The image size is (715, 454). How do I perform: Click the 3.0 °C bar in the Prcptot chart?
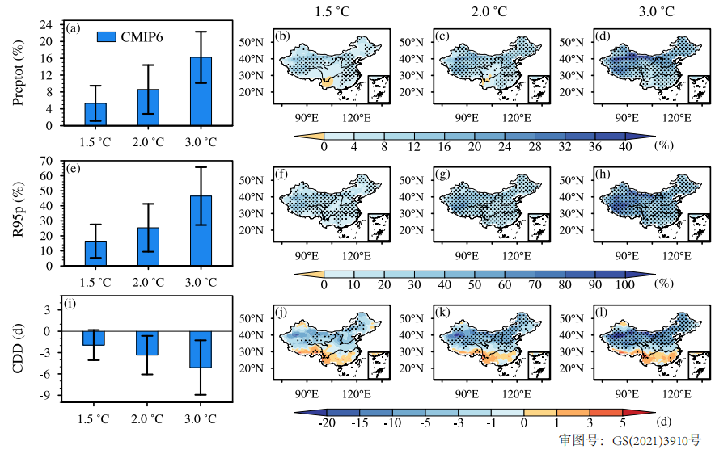(x=201, y=91)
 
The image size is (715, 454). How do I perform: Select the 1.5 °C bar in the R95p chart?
(x=95, y=253)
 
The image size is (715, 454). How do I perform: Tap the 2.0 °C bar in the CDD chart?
(x=148, y=343)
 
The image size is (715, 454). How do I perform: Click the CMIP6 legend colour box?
(x=108, y=36)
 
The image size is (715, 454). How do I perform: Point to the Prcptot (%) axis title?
(x=18, y=74)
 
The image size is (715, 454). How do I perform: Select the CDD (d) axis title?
(x=18, y=352)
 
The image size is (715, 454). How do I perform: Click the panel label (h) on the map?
(x=601, y=173)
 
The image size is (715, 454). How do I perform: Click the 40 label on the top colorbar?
(x=624, y=146)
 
